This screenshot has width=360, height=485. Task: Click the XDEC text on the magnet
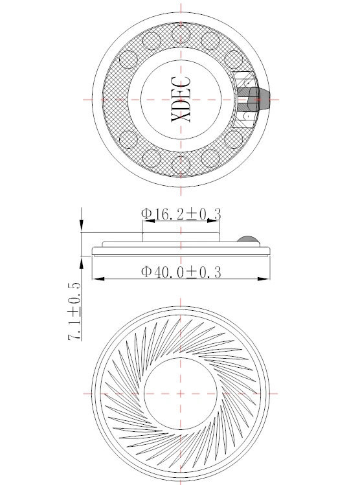point(181,99)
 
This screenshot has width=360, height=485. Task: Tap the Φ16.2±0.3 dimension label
point(181,214)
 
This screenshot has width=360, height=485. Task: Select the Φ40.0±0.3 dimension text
point(181,272)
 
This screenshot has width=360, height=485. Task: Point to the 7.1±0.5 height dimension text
point(74,311)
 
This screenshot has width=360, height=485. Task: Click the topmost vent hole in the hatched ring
point(181,33)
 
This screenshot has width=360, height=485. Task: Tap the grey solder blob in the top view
point(253,99)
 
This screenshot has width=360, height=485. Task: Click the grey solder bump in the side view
point(247,239)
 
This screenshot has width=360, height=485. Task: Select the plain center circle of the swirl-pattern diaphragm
point(181,394)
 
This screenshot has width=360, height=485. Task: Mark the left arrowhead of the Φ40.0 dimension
point(98,279)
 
